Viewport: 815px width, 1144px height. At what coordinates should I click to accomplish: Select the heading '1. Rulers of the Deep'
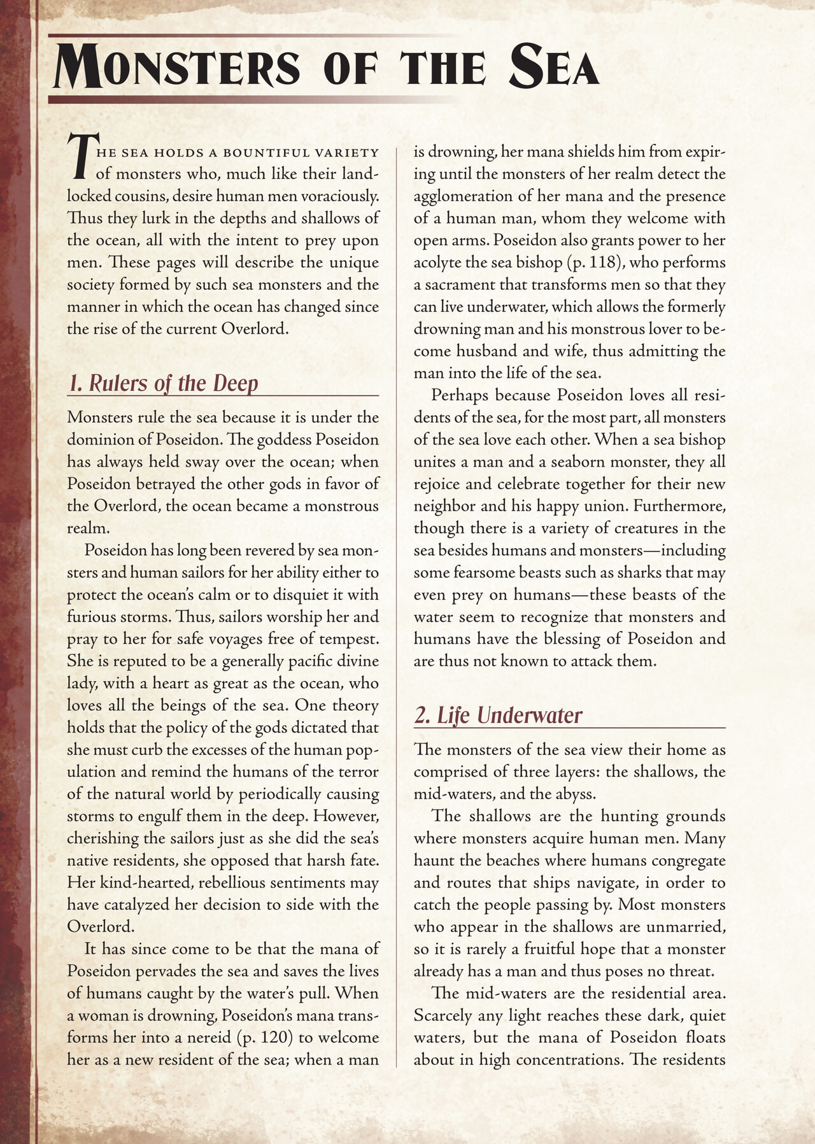coord(163,383)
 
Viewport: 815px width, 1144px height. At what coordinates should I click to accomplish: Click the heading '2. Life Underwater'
coord(498,715)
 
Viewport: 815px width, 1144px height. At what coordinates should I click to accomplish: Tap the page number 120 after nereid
coord(270,1038)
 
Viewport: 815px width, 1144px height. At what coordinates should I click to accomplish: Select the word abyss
coord(576,794)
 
